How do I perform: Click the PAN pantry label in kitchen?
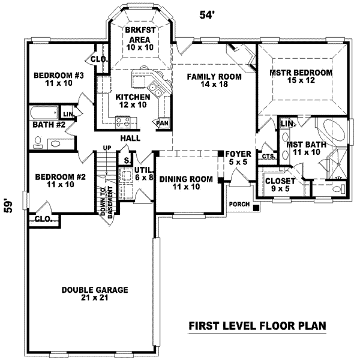pos(161,122)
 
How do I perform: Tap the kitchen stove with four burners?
pos(123,121)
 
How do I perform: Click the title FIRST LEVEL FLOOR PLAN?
pos(257,326)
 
